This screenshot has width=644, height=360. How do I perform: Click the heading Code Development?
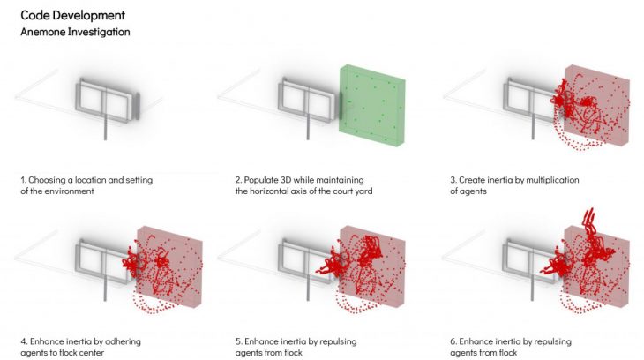72,16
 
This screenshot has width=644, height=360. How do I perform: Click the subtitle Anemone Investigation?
75,32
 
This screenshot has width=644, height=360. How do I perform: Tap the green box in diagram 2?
372,104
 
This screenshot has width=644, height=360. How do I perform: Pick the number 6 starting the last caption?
453,342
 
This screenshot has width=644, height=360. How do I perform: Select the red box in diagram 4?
169,266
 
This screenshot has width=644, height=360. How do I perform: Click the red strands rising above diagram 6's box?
589,218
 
